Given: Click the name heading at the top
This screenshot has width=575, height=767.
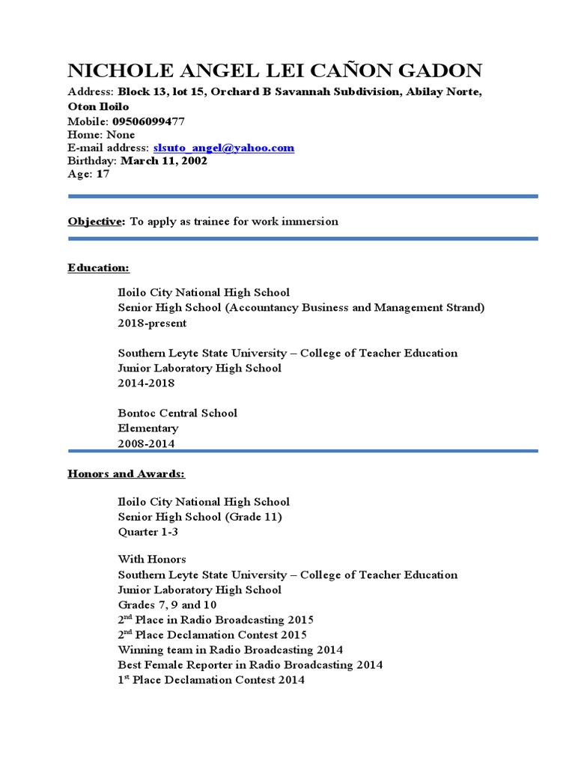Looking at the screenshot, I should (275, 71).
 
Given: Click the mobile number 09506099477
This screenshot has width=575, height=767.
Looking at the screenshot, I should (148, 121).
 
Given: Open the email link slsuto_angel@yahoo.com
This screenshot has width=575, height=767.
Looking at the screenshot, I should (223, 148).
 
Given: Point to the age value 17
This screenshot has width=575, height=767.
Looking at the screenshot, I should (103, 174).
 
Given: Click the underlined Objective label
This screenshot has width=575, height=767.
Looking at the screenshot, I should (96, 222).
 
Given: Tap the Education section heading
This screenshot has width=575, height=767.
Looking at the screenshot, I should (98, 267).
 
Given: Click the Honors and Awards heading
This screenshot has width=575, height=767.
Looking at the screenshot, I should (126, 474).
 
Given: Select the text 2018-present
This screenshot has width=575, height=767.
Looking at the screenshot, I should (152, 324).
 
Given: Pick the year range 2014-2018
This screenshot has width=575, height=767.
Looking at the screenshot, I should (146, 383).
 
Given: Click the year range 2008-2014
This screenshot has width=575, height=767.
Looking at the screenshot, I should (146, 443).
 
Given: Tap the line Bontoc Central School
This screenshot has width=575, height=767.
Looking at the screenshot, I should (177, 413).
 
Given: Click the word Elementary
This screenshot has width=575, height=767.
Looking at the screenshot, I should (148, 428).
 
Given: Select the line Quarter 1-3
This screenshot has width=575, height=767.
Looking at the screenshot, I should (149, 532).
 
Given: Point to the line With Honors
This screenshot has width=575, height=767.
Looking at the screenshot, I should (152, 560).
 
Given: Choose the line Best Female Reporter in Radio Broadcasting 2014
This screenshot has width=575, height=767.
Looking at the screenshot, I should (250, 665).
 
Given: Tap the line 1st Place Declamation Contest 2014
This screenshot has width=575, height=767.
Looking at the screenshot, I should (211, 680).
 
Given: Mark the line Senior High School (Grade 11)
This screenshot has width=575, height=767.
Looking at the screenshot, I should (200, 517).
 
